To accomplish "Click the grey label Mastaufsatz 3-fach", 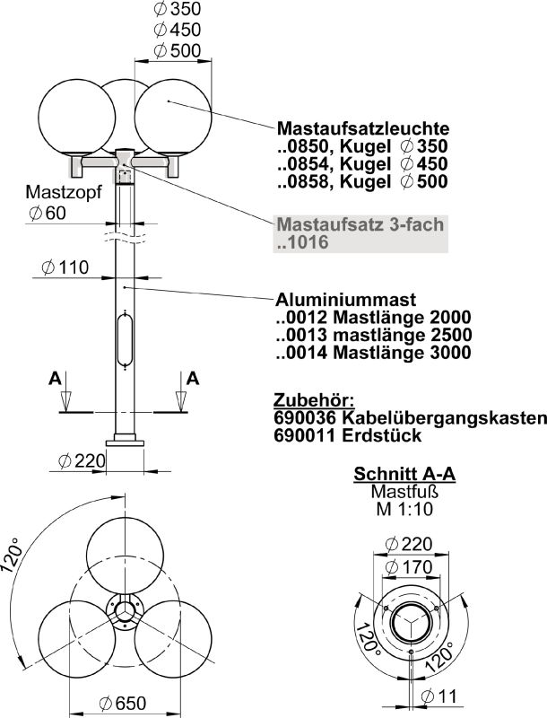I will tap(360, 224).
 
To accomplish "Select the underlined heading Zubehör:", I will tap(313, 399).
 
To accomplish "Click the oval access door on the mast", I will tap(126, 339).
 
